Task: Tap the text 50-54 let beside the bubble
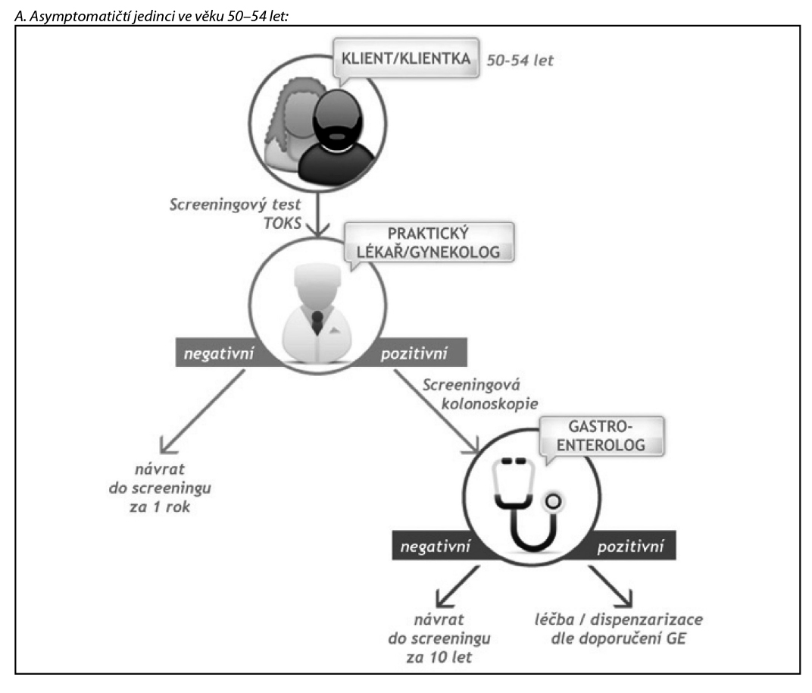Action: pos(520,59)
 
